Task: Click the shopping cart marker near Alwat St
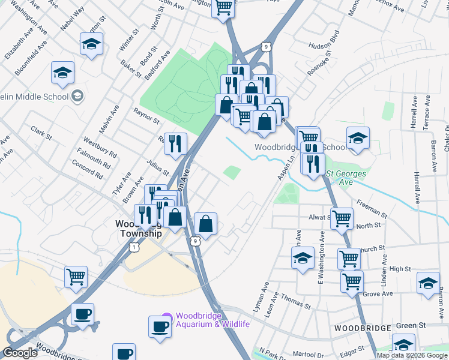click(342, 218)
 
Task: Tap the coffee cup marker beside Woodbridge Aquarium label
click(160, 327)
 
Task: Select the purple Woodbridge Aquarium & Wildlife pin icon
click(167, 319)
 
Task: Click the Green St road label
click(411, 326)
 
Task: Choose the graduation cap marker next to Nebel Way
click(91, 44)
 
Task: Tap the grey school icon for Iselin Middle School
click(77, 96)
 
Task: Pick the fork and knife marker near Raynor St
click(175, 143)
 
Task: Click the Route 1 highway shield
click(135, 247)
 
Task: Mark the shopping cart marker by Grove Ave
click(352, 281)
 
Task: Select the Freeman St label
click(373, 208)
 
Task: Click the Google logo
click(20, 353)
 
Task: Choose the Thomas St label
click(296, 302)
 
